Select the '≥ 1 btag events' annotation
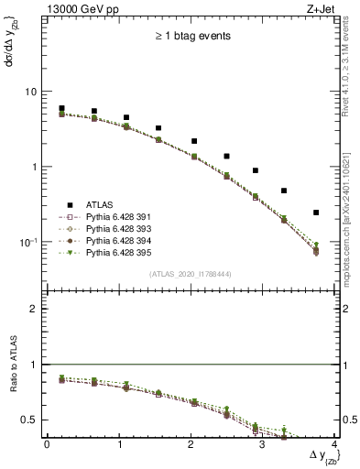[190, 37]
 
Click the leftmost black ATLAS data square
[61, 108]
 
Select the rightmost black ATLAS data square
[316, 213]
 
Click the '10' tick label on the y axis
[30, 93]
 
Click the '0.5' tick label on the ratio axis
[30, 420]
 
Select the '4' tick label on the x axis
[334, 445]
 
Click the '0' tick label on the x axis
[47, 445]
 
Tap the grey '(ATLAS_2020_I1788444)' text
[190, 274]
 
